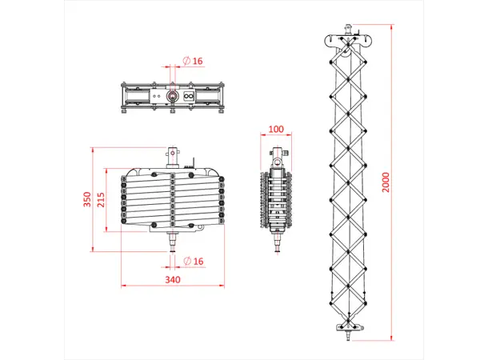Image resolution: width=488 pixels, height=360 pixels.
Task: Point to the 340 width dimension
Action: click(172, 279)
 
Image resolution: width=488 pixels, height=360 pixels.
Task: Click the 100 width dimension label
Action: click(277, 130)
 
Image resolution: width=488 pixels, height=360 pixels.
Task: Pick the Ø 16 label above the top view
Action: click(193, 61)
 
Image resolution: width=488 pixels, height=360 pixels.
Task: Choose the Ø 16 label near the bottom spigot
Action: click(193, 262)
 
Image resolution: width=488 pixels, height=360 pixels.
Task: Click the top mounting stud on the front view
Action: click(173, 151)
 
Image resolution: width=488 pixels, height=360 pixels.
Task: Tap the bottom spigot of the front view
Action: click(173, 242)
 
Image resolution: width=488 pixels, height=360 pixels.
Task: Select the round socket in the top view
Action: click(172, 96)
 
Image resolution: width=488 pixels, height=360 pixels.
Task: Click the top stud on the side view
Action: click(278, 153)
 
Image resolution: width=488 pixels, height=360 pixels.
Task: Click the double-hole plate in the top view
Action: click(190, 96)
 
